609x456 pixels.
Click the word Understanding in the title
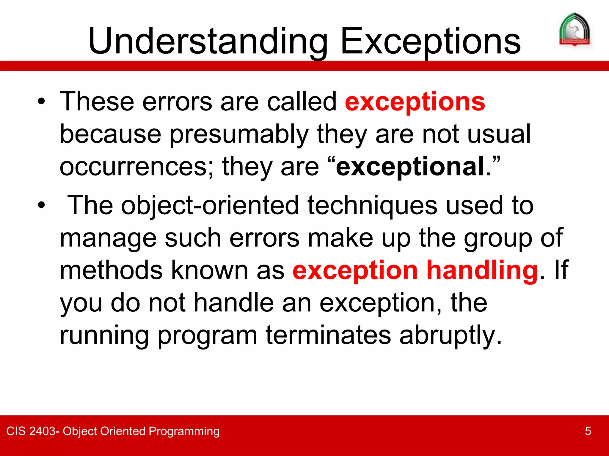(x=208, y=42)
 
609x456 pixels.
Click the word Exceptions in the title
(x=431, y=42)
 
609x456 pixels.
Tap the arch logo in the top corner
(x=575, y=30)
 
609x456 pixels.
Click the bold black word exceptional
(x=410, y=167)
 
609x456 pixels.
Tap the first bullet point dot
(x=41, y=102)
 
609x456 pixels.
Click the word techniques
(x=372, y=205)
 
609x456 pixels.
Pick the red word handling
(x=482, y=270)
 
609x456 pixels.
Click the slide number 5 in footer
(x=588, y=431)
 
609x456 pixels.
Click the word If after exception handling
(x=561, y=270)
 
